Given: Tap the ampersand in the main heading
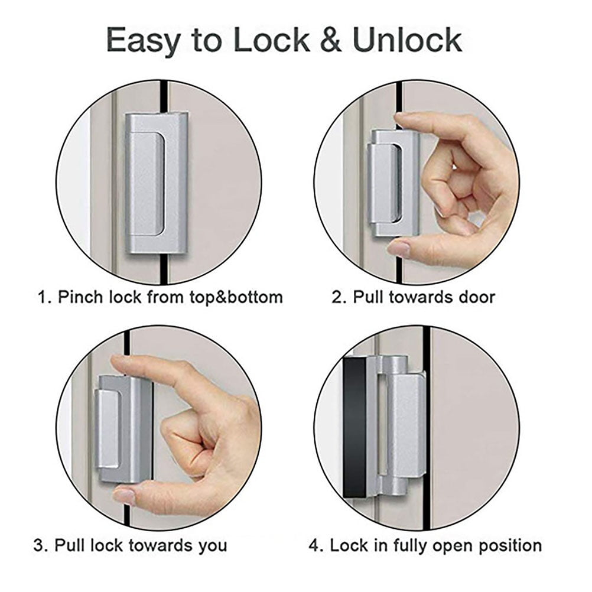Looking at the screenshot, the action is click(331, 40).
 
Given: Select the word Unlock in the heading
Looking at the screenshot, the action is click(408, 40).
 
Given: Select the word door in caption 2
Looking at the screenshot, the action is click(476, 297).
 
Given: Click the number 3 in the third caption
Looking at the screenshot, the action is click(38, 545).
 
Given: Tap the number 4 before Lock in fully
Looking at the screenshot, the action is click(314, 545).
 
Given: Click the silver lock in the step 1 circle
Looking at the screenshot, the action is click(156, 184).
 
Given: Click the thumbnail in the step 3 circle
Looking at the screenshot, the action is click(124, 495).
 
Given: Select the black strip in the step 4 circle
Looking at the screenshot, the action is click(354, 427).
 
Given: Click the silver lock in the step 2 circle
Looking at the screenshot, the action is click(393, 184).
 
